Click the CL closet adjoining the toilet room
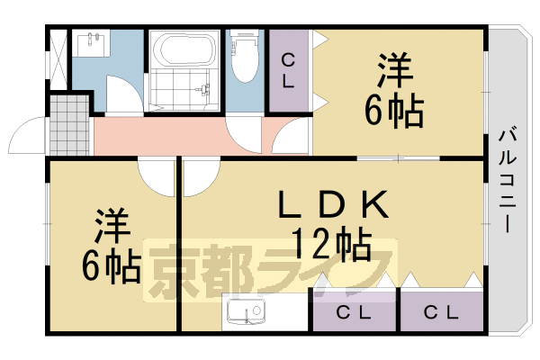tap(288, 71)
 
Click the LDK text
tap(332, 206)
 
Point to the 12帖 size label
tap(332, 242)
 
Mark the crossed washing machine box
tap(58, 60)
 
